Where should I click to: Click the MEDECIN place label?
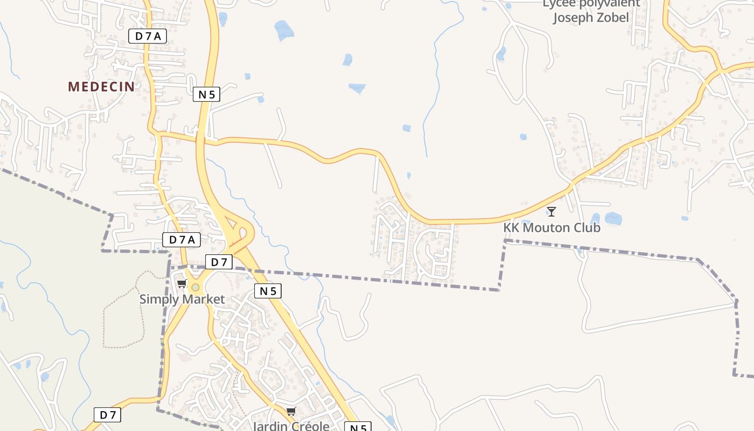point(101,86)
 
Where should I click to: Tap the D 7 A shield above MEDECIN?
point(148,36)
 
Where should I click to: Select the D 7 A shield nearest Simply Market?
point(181,240)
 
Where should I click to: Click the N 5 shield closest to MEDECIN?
point(206,94)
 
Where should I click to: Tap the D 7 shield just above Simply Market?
point(219,262)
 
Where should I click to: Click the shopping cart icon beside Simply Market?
point(181,284)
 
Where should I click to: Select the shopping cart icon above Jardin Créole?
point(291,412)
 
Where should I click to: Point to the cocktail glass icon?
point(551,211)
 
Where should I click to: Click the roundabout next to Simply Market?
point(195,288)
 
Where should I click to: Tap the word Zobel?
point(613,17)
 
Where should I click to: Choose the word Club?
point(587,227)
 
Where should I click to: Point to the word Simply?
point(156,299)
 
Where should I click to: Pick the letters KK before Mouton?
point(511,227)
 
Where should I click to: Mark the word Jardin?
point(270,426)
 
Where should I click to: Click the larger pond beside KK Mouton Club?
point(613,218)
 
